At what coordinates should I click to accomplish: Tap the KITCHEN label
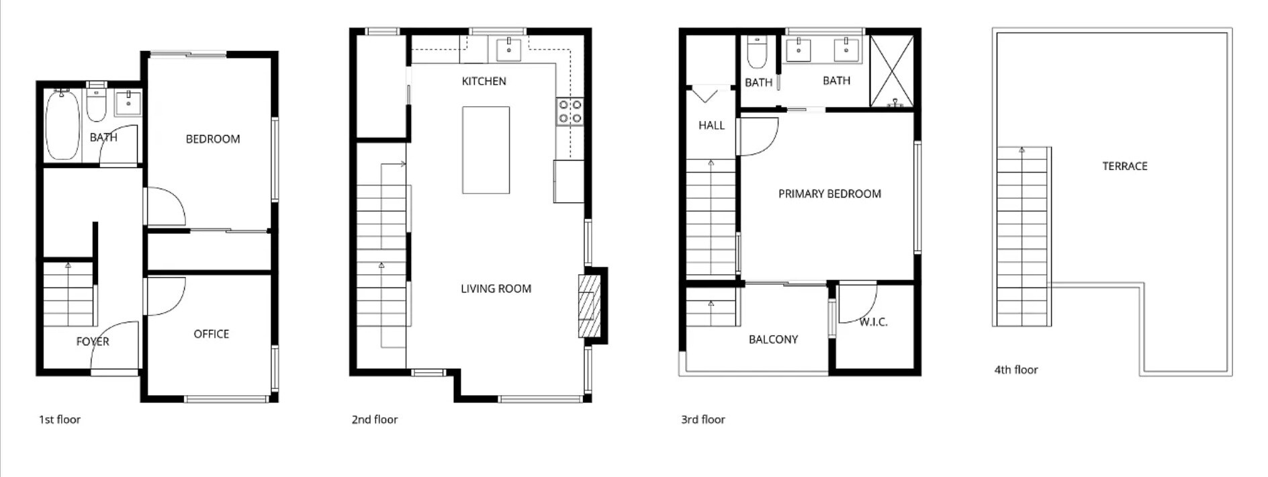click(484, 81)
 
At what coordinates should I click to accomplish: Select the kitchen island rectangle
click(486, 150)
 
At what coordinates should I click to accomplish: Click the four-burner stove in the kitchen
click(570, 112)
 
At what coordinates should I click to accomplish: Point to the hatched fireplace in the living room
click(589, 306)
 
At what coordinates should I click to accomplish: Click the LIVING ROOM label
click(496, 289)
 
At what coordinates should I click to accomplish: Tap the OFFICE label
click(211, 334)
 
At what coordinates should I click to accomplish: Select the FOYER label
click(93, 341)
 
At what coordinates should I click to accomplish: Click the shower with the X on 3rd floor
click(892, 71)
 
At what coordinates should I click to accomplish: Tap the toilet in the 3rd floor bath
click(757, 52)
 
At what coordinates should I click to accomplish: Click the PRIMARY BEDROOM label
click(829, 193)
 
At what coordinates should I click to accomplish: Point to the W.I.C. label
click(873, 322)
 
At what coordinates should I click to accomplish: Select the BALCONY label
click(773, 339)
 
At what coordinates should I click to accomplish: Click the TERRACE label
click(1124, 166)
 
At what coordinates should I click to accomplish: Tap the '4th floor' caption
click(1015, 370)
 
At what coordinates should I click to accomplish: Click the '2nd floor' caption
click(374, 419)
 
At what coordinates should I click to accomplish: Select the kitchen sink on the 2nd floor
click(508, 49)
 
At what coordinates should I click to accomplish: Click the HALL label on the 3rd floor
click(711, 125)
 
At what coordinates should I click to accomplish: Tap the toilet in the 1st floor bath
click(96, 107)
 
